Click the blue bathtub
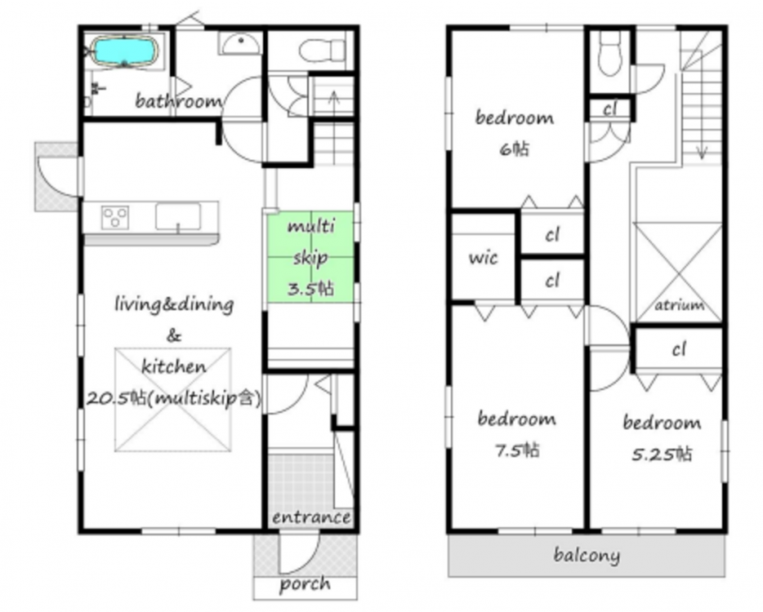tap(125, 51)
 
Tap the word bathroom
tap(178, 101)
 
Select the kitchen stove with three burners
tap(115, 217)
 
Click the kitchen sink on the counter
tap(177, 217)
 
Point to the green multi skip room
tap(310, 257)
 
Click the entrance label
tap(311, 517)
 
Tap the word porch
tap(305, 584)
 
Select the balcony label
tap(587, 555)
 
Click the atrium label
tap(680, 305)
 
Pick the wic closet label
tap(483, 258)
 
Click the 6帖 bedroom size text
tap(514, 149)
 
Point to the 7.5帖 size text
tap(517, 451)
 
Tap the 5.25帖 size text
tap(662, 454)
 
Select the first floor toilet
tap(322, 50)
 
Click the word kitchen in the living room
tap(173, 366)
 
